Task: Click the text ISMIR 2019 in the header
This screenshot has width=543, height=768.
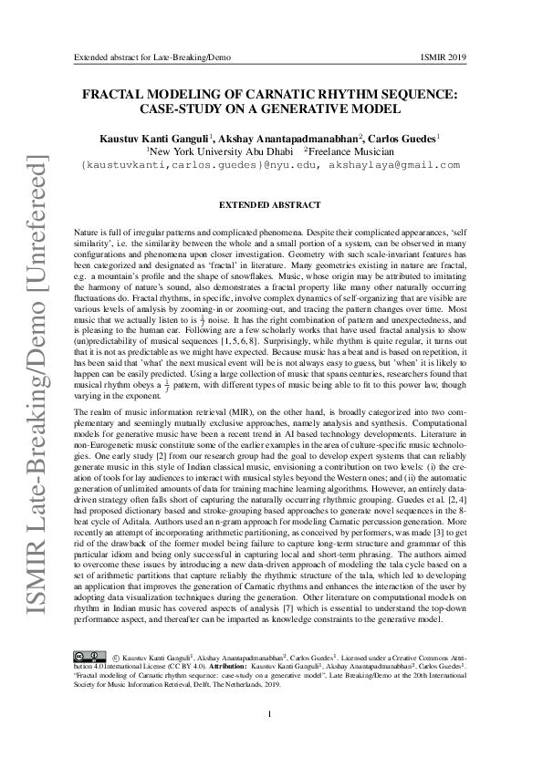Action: [x=444, y=57]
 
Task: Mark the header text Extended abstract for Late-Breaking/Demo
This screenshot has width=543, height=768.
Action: [x=151, y=57]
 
